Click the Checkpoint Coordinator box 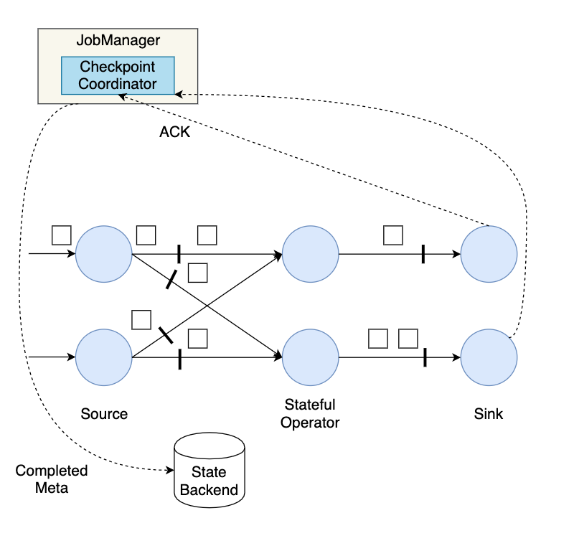118,75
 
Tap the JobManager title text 118,41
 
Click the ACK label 174,132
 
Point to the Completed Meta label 52,479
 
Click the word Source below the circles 104,414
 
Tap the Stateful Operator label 310,413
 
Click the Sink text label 489,414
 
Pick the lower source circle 104,357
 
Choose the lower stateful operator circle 311,357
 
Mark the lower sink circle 489,357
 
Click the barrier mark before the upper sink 423,253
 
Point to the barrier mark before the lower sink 425,357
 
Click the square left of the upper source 62,235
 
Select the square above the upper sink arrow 392,235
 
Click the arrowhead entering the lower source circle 72,357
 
